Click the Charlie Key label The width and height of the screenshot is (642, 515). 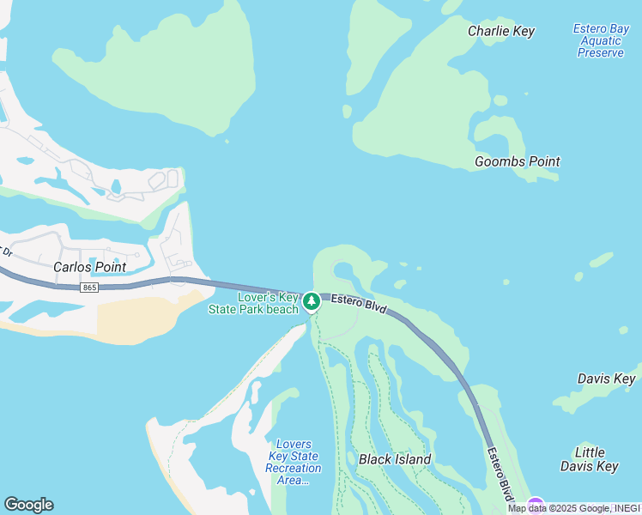[500, 31]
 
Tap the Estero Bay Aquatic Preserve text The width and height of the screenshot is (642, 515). [601, 40]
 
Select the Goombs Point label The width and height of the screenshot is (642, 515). [517, 161]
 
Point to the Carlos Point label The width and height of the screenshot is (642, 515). [89, 267]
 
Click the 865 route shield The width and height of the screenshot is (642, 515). [89, 288]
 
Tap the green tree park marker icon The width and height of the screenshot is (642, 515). [311, 302]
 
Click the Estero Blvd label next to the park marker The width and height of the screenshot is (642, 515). [359, 303]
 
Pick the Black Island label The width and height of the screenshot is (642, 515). [395, 459]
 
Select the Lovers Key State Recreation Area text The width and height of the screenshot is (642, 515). [293, 462]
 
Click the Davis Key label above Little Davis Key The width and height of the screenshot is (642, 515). [606, 379]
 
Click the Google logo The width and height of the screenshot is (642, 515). [28, 505]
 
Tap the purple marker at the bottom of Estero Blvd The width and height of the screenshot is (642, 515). [536, 506]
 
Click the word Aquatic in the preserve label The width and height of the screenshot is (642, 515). [601, 40]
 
